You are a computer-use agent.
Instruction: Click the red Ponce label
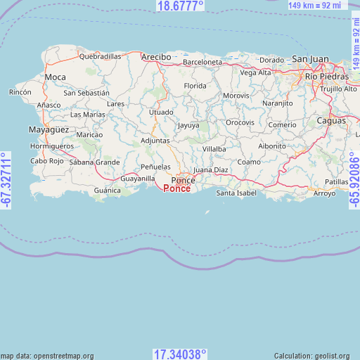tap(176, 188)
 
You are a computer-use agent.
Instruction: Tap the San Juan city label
tap(309, 58)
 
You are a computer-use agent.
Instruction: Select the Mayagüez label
tap(48, 130)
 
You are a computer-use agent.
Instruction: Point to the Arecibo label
tap(155, 56)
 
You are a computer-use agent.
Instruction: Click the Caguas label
tap(331, 121)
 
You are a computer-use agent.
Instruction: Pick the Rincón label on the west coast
tap(20, 92)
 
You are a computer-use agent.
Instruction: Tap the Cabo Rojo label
tap(48, 161)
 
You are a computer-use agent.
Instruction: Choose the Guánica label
tap(108, 190)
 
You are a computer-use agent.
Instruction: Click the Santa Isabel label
tap(236, 193)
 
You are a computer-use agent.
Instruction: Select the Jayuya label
tap(188, 126)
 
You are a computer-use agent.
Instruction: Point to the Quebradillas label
tap(100, 56)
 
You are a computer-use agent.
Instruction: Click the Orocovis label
tap(240, 122)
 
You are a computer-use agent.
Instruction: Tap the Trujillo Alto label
tap(338, 89)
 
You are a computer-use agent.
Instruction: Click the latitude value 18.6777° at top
tap(180, 6)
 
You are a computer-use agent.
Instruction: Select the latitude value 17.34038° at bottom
tap(180, 354)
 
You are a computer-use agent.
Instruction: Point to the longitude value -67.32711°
tap(6, 180)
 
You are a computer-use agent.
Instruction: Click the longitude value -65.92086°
tap(354, 180)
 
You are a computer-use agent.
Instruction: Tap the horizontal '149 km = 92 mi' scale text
tap(317, 6)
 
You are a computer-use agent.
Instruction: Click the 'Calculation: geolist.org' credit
tap(316, 356)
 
